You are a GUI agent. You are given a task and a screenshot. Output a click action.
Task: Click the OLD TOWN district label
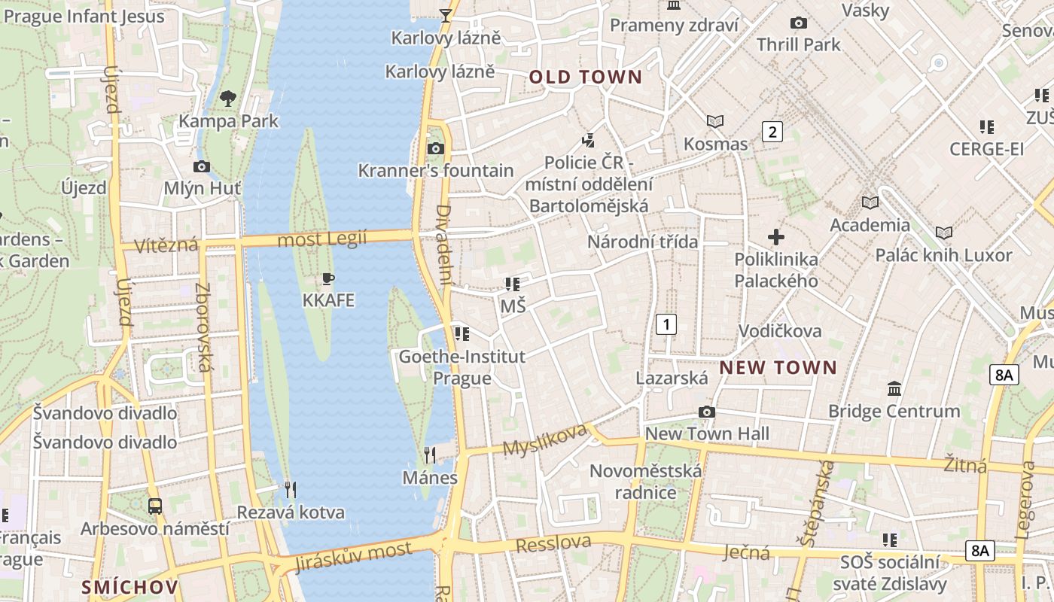coord(586,77)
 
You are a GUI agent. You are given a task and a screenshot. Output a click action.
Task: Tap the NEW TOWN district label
coord(778,367)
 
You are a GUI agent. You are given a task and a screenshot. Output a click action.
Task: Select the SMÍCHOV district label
coord(129,587)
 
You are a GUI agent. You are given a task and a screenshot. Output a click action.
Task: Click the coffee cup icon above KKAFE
coord(327,279)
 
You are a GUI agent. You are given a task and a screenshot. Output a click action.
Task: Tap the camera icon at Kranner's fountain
coord(435,149)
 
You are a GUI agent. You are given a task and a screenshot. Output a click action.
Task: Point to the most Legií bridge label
coord(322,239)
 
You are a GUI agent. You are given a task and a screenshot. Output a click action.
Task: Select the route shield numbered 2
coord(772,132)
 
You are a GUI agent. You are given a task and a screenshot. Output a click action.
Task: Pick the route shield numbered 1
coord(666,324)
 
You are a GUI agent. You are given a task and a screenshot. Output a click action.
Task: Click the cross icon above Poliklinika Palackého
coord(775,238)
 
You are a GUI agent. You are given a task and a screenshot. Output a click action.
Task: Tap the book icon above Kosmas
coord(714,121)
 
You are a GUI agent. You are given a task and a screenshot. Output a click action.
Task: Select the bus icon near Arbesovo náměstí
coord(154,506)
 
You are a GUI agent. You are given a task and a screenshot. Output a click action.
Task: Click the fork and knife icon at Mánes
coord(429,455)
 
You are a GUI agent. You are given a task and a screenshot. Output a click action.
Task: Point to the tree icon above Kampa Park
coord(228,98)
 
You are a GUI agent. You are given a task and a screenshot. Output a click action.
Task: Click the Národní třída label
coord(642,242)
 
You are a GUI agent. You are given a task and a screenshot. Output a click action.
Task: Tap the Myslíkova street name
coord(544,439)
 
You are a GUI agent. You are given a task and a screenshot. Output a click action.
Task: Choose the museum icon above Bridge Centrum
coord(894,389)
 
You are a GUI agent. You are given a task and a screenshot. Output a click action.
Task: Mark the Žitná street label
coord(965,465)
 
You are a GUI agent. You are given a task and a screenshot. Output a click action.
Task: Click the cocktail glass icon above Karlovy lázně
coord(446,15)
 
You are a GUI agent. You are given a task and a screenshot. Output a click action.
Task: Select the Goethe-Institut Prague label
coord(462,366)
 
